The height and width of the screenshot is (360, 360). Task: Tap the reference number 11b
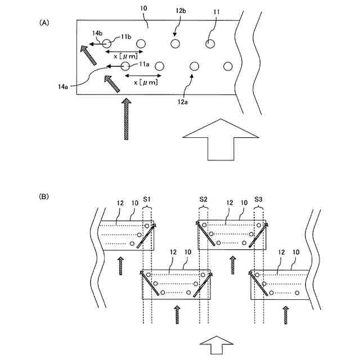pyautogui.click(x=125, y=37)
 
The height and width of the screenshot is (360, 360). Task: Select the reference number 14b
pyautogui.click(x=97, y=34)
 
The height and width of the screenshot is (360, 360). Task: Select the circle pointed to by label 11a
pyautogui.click(x=125, y=66)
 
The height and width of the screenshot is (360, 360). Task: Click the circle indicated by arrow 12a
pyautogui.click(x=195, y=66)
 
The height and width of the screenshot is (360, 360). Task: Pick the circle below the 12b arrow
pyautogui.click(x=175, y=44)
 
